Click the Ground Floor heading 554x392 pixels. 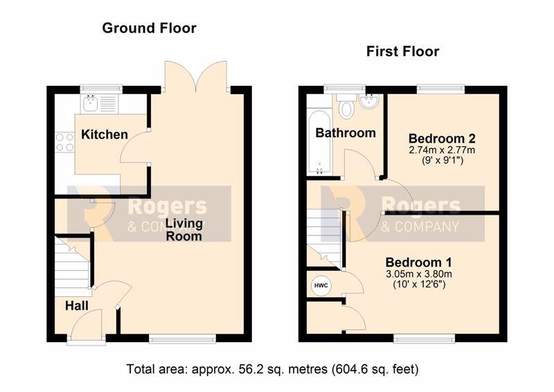click(149, 28)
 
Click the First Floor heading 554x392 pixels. click(402, 52)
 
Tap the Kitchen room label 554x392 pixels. click(105, 134)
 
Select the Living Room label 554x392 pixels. click(184, 230)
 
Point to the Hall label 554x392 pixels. click(77, 305)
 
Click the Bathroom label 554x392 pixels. click(346, 133)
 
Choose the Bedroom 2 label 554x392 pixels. click(442, 138)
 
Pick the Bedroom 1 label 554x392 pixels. click(419, 262)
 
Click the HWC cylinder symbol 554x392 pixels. click(321, 285)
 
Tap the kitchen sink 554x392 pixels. click(91, 103)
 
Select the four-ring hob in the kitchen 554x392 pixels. click(64, 142)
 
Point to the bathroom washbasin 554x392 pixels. click(370, 100)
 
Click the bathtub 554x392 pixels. click(319, 143)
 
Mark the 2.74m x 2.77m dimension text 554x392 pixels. click(442, 150)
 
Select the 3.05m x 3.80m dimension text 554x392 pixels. click(419, 274)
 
